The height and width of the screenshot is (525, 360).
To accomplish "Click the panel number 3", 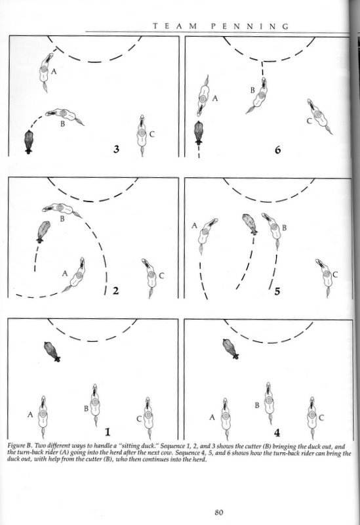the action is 116,149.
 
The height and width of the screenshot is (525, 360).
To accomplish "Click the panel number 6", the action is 277,150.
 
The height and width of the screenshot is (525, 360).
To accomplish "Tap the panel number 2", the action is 115,291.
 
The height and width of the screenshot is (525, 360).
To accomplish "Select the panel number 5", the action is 277,291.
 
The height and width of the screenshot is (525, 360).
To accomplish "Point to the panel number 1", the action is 108,432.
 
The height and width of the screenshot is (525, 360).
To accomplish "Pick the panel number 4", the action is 277,433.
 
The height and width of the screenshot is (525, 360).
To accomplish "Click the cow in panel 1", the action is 52,352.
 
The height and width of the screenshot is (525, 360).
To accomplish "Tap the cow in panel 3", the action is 29,142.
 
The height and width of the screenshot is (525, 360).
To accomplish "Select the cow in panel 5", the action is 250,224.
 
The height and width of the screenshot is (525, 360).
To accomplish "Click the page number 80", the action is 219,513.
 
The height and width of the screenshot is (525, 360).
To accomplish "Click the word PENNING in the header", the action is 250,26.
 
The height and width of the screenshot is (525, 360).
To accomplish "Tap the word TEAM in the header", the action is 174,26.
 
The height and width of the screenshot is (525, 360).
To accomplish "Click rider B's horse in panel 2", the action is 62,209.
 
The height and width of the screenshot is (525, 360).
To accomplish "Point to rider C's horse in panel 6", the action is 319,117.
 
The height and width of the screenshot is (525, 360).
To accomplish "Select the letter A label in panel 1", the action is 30,415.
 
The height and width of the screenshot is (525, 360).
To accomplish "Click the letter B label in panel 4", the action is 257,405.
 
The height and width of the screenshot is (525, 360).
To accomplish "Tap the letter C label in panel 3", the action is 152,135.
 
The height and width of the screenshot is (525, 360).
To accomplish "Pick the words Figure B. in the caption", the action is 20,446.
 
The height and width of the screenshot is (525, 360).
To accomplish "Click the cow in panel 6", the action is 199,133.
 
